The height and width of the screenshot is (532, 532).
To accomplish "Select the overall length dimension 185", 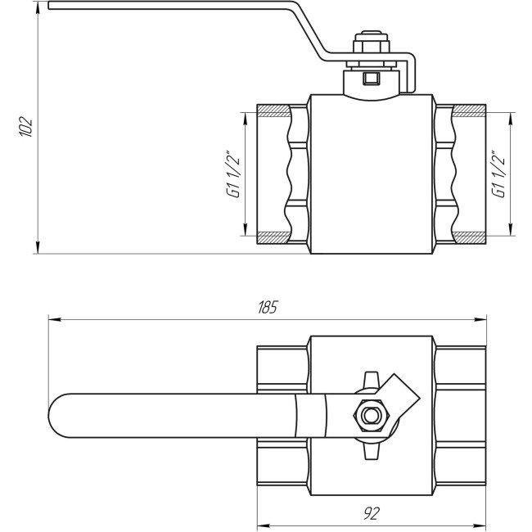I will click(x=268, y=308).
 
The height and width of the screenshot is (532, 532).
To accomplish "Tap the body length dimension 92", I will click(x=371, y=513).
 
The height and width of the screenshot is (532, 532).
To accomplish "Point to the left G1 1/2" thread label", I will click(x=232, y=174).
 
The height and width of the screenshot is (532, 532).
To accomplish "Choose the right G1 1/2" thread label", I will click(x=497, y=174).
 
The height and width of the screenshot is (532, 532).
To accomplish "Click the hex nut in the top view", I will click(x=371, y=416).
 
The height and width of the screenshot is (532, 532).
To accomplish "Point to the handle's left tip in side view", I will click(x=52, y=7).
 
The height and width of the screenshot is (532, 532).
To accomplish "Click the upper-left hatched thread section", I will click(x=273, y=110).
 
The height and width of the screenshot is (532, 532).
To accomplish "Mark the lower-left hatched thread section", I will click(x=273, y=237).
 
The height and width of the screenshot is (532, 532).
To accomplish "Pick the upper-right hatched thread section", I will click(x=469, y=110).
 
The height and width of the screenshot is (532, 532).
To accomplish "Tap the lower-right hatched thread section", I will click(x=469, y=237).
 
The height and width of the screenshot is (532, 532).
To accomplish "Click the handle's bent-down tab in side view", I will click(x=413, y=74).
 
